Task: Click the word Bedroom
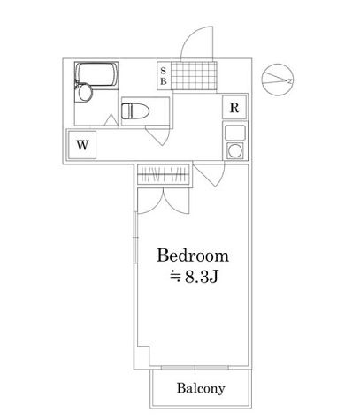(193, 256)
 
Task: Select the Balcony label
(199, 388)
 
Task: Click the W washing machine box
(80, 145)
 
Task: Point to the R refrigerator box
(234, 108)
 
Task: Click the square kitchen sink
(234, 133)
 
